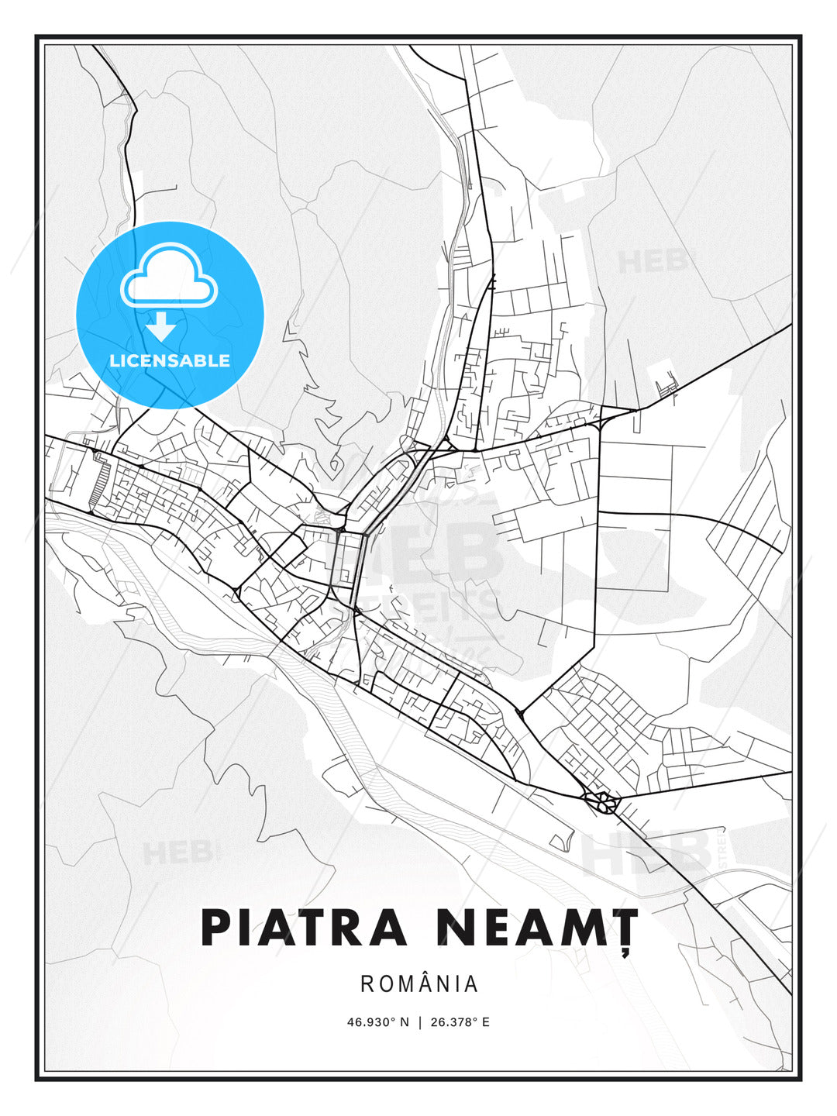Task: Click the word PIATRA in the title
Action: (x=304, y=928)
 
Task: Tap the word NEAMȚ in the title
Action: (x=536, y=928)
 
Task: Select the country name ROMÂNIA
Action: (x=419, y=983)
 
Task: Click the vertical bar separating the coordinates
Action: (x=419, y=1022)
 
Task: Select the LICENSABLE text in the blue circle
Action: (x=170, y=360)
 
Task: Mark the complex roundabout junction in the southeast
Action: (x=601, y=801)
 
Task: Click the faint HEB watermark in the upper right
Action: (x=653, y=261)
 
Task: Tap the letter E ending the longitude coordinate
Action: (x=486, y=1022)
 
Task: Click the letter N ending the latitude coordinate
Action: (x=404, y=1022)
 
